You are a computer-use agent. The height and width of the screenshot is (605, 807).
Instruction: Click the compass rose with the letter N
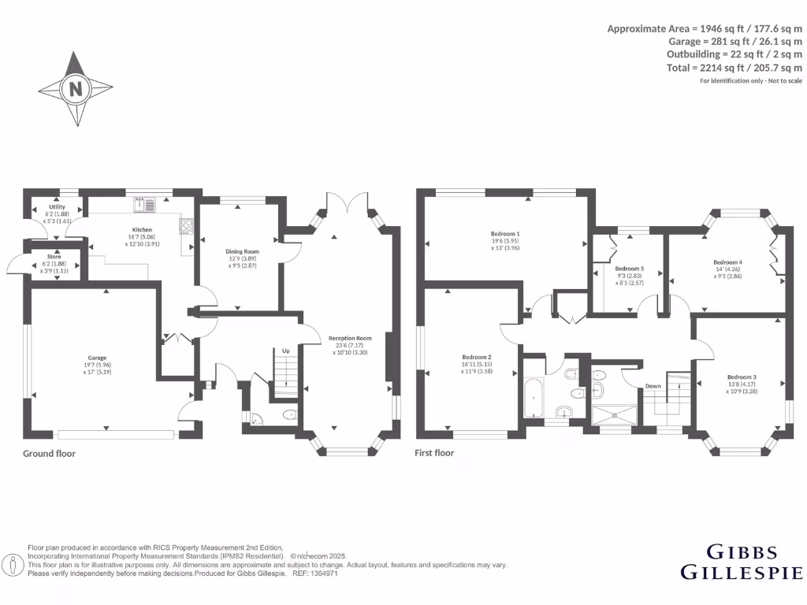(x=76, y=89)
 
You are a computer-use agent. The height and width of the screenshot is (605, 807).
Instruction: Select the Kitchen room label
(x=142, y=230)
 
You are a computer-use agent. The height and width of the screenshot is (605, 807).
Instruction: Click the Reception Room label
(x=349, y=339)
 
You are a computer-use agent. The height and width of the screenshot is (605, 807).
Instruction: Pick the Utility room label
(x=58, y=207)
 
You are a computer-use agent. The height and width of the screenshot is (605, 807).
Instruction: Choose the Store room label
(x=54, y=256)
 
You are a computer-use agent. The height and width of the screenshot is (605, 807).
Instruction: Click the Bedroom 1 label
(x=505, y=234)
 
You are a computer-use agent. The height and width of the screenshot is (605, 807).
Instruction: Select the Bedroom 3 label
(x=742, y=377)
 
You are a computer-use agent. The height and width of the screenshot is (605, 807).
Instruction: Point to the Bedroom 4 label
(x=727, y=262)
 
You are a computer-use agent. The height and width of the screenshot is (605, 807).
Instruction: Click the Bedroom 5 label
(x=630, y=269)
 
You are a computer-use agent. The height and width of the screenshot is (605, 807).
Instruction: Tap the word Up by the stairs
(x=286, y=351)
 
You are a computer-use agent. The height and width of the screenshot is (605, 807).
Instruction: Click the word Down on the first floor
(x=653, y=386)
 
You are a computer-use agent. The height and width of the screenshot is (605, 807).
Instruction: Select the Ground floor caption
(x=49, y=454)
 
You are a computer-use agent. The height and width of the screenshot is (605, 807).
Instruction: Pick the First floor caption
(x=434, y=453)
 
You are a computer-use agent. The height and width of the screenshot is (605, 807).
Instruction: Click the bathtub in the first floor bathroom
(x=534, y=397)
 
